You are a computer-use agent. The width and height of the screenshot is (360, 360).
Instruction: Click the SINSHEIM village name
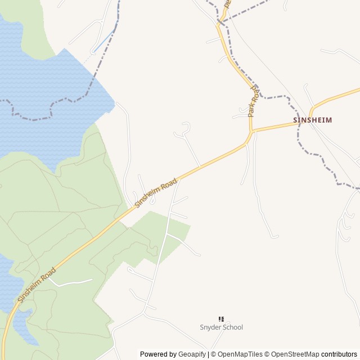312,120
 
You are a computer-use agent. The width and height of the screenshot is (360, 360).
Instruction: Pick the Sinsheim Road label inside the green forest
37,285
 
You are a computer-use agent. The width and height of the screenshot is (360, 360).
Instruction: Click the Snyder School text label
221,327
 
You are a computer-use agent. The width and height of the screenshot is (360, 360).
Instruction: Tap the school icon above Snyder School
221,319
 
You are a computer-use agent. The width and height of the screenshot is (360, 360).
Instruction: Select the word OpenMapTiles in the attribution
240,354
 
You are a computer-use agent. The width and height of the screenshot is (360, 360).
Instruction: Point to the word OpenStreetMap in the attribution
295,354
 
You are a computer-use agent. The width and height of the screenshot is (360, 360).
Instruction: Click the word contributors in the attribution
339,354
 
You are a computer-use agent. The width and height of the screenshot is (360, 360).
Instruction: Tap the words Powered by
157,354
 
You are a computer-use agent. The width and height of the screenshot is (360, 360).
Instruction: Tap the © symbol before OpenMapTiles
213,354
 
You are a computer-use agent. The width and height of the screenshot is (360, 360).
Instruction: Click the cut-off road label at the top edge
228,3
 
